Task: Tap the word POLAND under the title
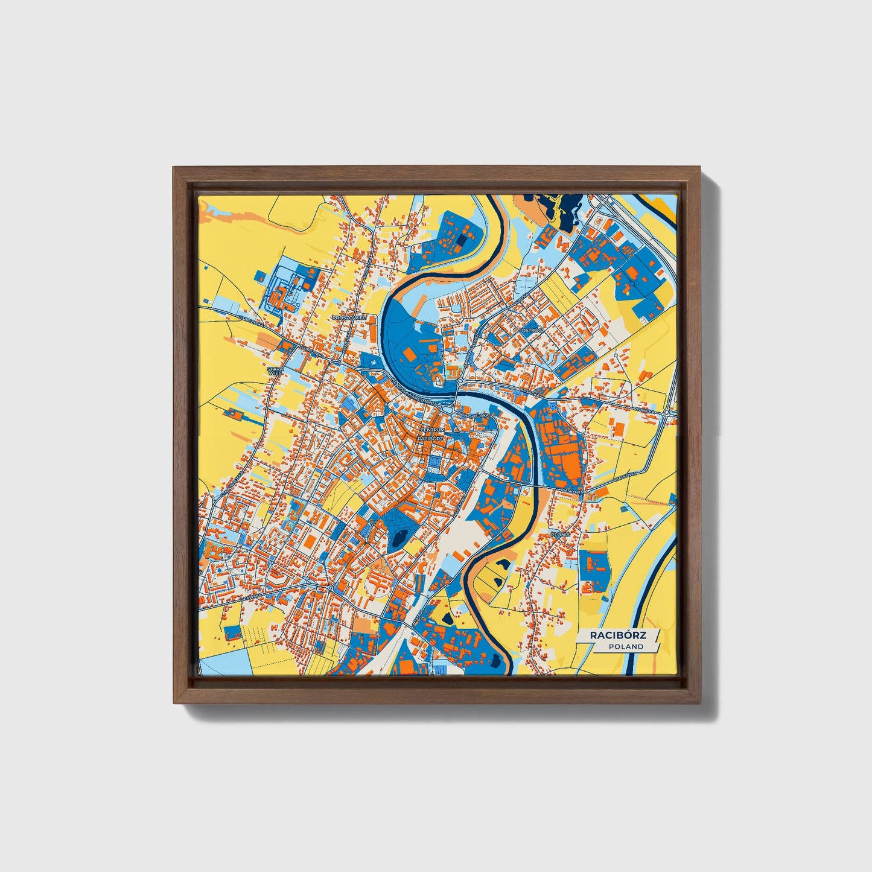pos(626,646)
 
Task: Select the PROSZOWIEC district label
pos(349,316)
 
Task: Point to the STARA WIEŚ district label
pos(275,369)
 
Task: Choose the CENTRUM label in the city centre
pos(431,429)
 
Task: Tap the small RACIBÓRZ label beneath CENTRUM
pos(431,437)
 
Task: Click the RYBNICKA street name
pos(644,410)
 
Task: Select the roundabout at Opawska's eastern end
pos(331,587)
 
